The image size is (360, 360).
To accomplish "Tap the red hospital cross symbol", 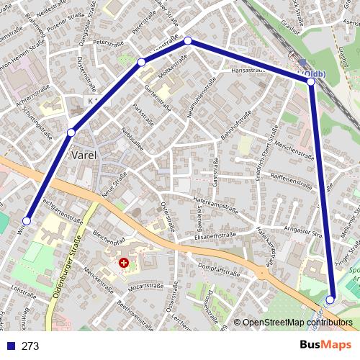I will [124, 264].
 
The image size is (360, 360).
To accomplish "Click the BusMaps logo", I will [326, 345].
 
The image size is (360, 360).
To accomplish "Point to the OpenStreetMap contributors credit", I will [297, 323].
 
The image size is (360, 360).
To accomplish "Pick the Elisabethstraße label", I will [215, 235].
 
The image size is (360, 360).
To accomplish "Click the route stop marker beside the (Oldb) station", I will [311, 82].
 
